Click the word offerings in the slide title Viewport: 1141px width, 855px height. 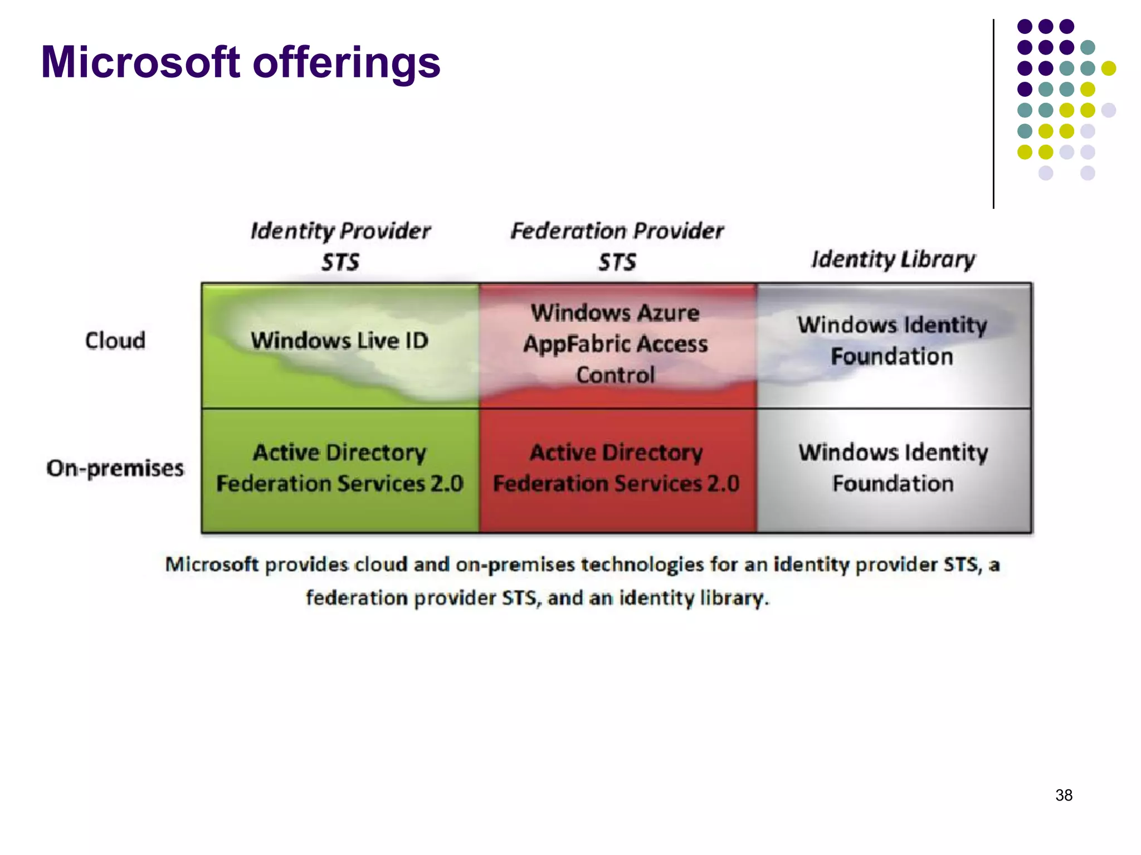(x=347, y=62)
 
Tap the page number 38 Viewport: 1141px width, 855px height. (x=1064, y=795)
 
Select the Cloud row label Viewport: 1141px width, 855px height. (x=115, y=341)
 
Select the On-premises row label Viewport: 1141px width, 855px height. (x=115, y=468)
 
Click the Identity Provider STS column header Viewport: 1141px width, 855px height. (x=340, y=245)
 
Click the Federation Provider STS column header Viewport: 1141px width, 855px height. (x=617, y=245)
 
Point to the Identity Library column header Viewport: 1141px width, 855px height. (x=893, y=259)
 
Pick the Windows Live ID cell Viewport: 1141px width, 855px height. (x=339, y=341)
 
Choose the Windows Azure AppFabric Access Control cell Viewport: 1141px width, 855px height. (x=616, y=344)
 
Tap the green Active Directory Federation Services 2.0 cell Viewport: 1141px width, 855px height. (x=339, y=468)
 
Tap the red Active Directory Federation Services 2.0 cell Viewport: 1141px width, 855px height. (x=616, y=468)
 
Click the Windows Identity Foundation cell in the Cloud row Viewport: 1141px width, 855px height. (x=893, y=341)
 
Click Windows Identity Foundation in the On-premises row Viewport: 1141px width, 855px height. (x=893, y=468)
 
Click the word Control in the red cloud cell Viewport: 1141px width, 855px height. (x=616, y=375)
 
